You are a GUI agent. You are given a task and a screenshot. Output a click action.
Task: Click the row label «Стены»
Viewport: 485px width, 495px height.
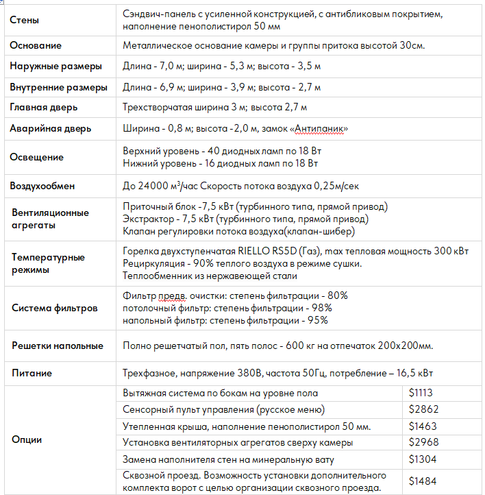coord(24,21)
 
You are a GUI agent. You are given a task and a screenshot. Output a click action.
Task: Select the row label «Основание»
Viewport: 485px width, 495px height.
coord(36,46)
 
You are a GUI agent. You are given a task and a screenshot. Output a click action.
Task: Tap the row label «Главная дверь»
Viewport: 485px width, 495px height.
coord(44,108)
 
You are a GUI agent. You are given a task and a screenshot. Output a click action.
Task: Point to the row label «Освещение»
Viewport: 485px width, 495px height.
coord(36,157)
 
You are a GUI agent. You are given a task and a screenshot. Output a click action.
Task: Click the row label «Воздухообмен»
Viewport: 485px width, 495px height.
coord(42,186)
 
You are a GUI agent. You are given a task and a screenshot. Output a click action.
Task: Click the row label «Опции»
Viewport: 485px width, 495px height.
coord(27,439)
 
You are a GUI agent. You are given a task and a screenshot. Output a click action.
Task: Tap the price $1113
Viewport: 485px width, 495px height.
coord(421,394)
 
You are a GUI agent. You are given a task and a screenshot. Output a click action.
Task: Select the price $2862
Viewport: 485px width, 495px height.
coord(423,410)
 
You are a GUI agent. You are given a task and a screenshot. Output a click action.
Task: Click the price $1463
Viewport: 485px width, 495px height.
coord(423,426)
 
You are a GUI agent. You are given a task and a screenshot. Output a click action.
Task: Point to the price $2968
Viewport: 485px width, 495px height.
coord(423,442)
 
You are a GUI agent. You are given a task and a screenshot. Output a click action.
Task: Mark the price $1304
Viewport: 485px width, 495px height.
coord(423,459)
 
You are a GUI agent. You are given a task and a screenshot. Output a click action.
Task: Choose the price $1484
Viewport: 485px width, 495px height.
coord(423,481)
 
